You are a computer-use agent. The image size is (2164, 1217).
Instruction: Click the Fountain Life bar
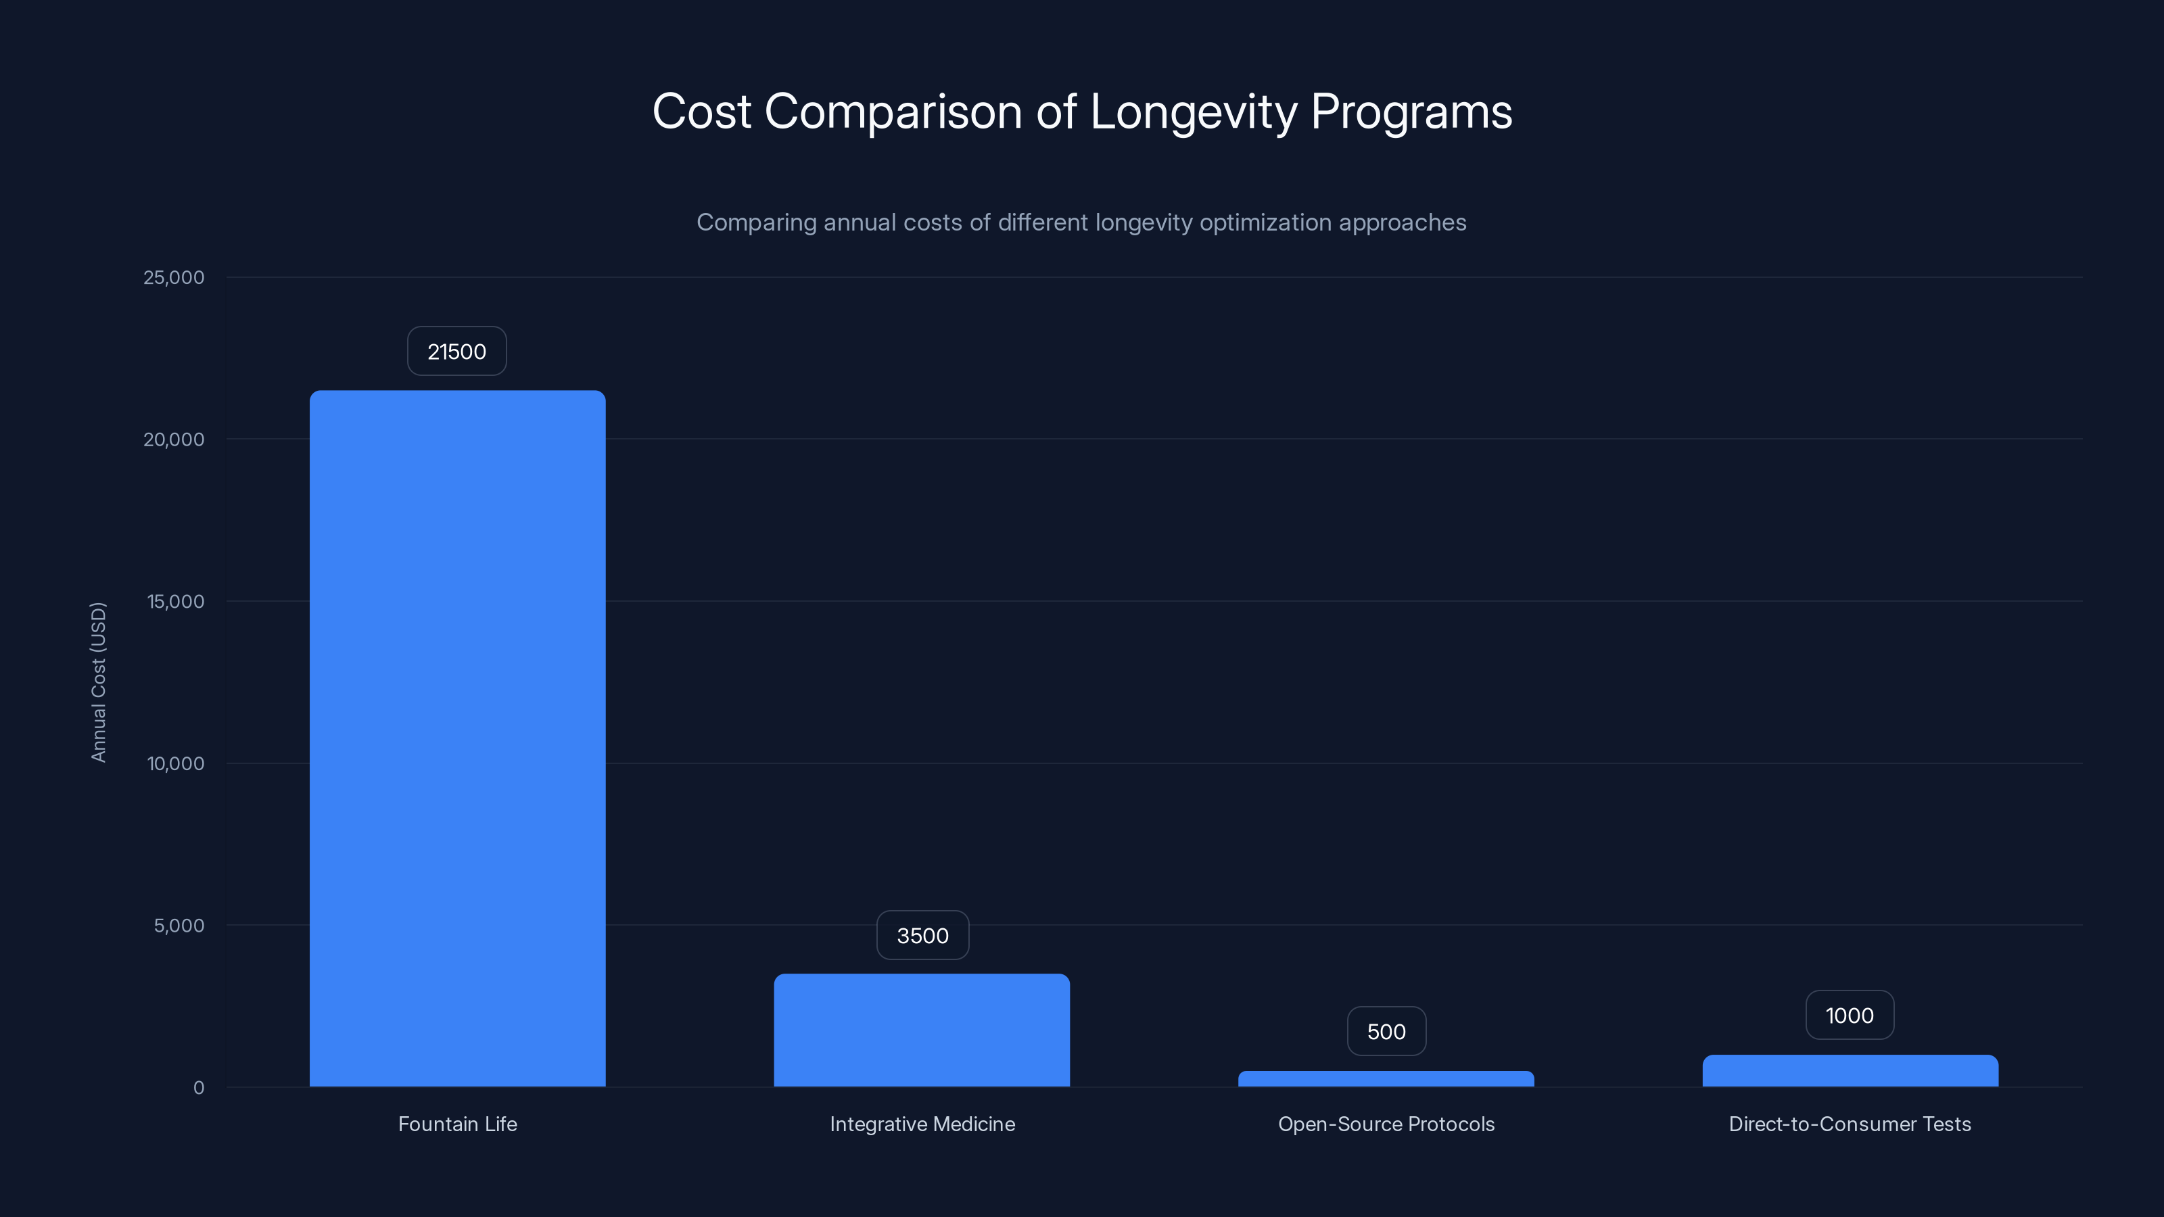coord(457,739)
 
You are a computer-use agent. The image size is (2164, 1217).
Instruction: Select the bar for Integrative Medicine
coord(922,1030)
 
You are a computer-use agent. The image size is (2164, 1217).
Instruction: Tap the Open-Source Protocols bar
coord(1386,1079)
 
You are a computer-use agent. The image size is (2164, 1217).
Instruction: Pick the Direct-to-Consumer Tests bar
coord(1850,1071)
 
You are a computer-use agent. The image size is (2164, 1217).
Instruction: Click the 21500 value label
coord(457,351)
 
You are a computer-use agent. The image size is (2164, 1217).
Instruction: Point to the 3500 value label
coord(922,936)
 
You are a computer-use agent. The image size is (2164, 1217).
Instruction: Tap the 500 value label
coord(1386,1031)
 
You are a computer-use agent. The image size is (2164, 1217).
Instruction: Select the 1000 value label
coord(1850,1016)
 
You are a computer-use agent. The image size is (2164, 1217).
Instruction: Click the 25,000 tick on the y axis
coord(174,277)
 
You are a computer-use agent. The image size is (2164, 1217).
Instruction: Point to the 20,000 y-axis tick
coord(174,439)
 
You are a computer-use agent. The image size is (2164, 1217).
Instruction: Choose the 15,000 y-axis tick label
coord(176,601)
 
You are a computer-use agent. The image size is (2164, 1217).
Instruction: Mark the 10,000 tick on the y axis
coord(176,763)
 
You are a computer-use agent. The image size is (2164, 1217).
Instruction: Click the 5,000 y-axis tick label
coord(179,926)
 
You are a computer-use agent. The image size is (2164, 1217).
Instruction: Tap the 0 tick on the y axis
coord(199,1088)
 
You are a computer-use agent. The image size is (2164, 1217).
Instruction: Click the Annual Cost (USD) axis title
coord(98,682)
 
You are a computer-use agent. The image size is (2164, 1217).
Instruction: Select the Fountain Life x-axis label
coord(458,1124)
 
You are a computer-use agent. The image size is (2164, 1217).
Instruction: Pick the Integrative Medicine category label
coord(922,1124)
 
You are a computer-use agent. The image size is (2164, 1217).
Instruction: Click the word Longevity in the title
coord(1193,112)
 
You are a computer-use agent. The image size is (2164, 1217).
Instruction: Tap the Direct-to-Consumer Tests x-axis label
coord(1850,1124)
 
